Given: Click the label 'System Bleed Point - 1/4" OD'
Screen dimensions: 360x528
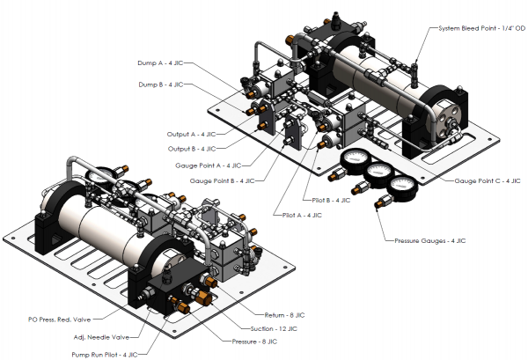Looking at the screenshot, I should (x=480, y=29).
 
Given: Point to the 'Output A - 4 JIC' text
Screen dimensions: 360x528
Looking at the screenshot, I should (x=191, y=134).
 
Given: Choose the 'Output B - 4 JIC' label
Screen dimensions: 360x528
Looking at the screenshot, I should (x=191, y=149).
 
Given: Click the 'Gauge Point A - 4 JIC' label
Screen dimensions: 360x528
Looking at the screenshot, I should (x=209, y=165).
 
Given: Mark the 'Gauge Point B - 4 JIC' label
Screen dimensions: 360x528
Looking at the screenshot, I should (x=222, y=180).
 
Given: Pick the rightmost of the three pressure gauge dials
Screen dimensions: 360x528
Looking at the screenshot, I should (x=402, y=187).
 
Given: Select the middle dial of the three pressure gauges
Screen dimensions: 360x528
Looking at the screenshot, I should (x=378, y=175).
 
